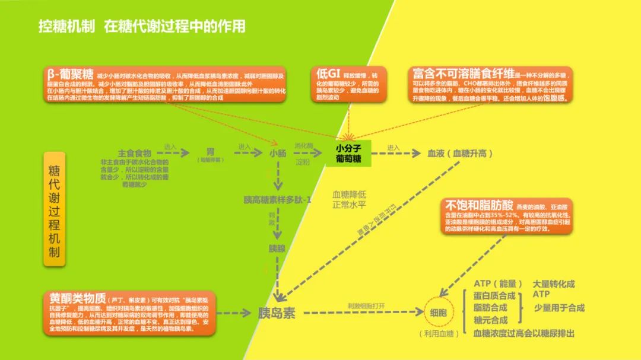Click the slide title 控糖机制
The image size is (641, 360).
point(65,27)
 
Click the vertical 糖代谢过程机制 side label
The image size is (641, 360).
point(54,207)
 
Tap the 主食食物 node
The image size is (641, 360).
point(134,153)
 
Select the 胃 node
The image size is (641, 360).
point(210,152)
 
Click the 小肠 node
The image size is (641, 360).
point(277,153)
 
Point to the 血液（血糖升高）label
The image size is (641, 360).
point(460,153)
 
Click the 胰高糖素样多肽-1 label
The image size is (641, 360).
point(277,199)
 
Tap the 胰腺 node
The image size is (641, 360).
point(277,248)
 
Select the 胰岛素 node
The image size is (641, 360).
point(277,313)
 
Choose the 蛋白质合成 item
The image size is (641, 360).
point(494,295)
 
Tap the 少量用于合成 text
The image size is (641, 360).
point(559,307)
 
